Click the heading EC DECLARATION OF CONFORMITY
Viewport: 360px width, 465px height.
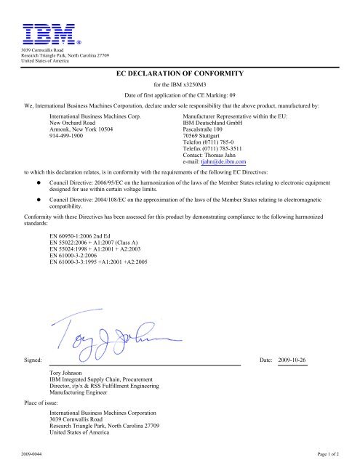180,74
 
